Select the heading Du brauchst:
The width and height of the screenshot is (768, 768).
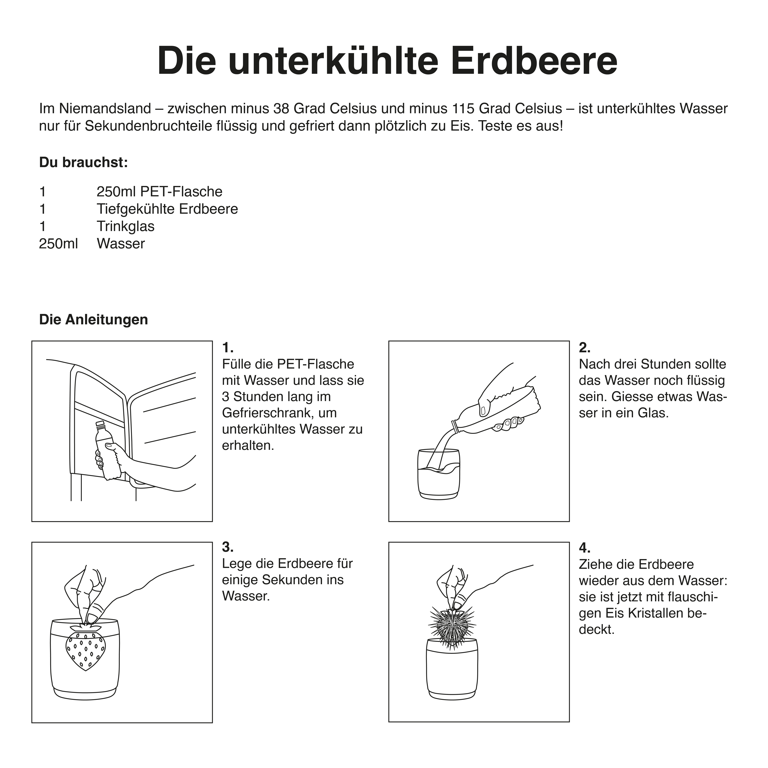pos(83,163)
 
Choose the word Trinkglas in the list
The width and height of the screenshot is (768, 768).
pos(126,226)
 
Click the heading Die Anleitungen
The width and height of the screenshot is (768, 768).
pos(93,320)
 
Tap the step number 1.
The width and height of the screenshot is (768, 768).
pos(227,348)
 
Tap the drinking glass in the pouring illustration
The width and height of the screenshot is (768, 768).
pos(439,474)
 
